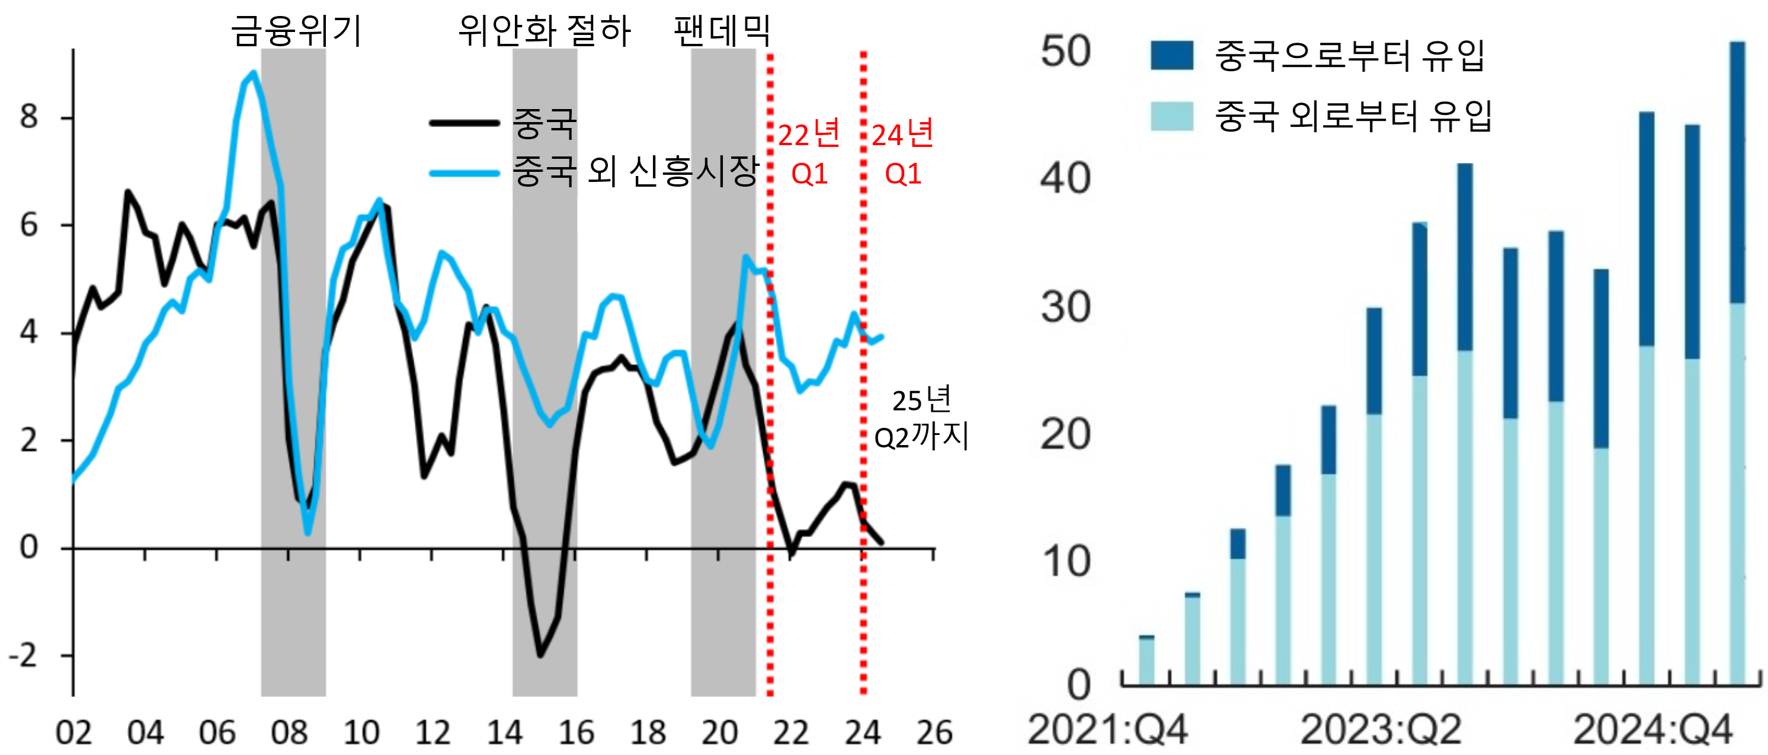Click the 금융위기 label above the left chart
pyautogui.click(x=296, y=31)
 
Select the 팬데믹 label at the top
pyautogui.click(x=722, y=31)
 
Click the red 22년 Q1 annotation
pyautogui.click(x=809, y=152)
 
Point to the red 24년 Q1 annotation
pyautogui.click(x=902, y=152)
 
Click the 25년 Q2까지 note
pyautogui.click(x=921, y=417)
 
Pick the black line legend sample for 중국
pyautogui.click(x=464, y=123)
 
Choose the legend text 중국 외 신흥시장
pyautogui.click(x=636, y=171)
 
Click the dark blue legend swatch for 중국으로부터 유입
pyautogui.click(x=1171, y=56)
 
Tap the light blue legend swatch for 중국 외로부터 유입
pyautogui.click(x=1171, y=116)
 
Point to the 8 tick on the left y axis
pyautogui.click(x=29, y=117)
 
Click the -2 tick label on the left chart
pyautogui.click(x=23, y=656)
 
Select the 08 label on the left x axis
pyautogui.click(x=289, y=733)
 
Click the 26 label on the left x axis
pyautogui.click(x=934, y=733)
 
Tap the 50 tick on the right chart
pyautogui.click(x=1065, y=52)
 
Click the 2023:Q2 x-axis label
pyautogui.click(x=1381, y=730)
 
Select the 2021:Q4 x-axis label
pyautogui.click(x=1107, y=730)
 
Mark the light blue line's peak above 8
pyautogui.click(x=253, y=73)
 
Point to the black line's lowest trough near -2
pyautogui.click(x=540, y=655)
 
